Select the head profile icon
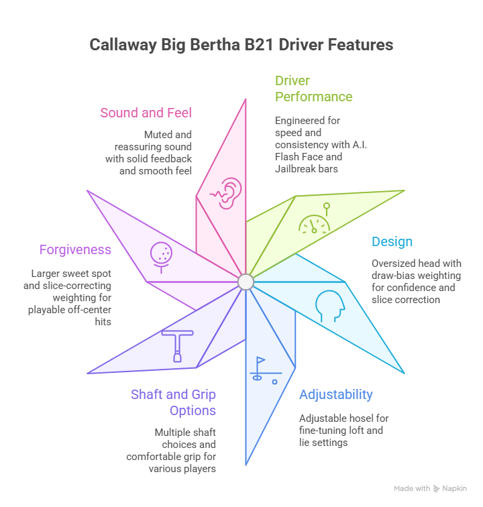click(x=330, y=305)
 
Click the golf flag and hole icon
click(x=263, y=370)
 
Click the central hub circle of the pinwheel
click(x=246, y=282)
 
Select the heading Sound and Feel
click(x=146, y=113)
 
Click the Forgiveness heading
click(x=75, y=249)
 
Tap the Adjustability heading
click(x=336, y=394)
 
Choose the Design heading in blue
click(x=392, y=242)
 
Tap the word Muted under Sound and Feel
click(x=159, y=135)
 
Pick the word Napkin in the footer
click(x=455, y=489)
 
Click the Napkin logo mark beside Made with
click(x=437, y=489)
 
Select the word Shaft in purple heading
click(x=148, y=394)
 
